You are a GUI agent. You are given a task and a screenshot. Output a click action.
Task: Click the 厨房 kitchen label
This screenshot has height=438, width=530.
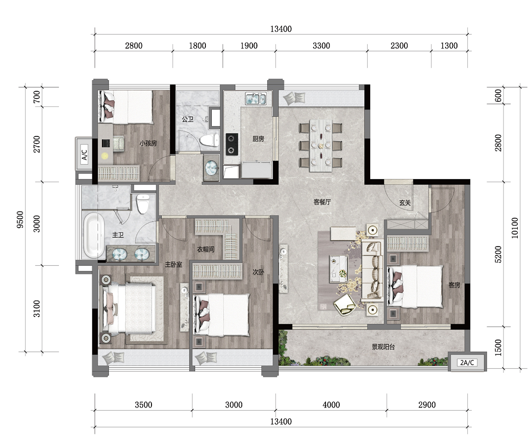[258, 139]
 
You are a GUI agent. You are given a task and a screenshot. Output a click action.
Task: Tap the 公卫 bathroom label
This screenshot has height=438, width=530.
[188, 119]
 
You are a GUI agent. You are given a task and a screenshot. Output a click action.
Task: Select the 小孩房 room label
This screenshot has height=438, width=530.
[148, 143]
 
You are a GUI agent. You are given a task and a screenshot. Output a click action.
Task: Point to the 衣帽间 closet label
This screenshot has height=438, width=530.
[205, 249]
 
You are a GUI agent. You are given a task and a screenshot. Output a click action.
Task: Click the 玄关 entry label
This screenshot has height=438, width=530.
[405, 203]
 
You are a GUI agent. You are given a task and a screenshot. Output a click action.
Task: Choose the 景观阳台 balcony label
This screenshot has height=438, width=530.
[383, 347]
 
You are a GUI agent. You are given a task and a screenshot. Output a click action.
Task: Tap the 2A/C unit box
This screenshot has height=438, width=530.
[467, 362]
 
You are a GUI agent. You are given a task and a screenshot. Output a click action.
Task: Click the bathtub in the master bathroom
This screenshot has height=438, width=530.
[94, 235]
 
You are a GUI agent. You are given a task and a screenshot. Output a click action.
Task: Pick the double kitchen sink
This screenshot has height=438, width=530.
[256, 99]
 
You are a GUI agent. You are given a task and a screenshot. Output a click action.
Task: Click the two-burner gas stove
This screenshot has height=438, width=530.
[232, 144]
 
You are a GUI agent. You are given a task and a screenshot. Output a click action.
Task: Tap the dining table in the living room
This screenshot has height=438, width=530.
[321, 145]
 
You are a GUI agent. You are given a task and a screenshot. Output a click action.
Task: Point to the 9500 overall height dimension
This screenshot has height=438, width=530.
[20, 220]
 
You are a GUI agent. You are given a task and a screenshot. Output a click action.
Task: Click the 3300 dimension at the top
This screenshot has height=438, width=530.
[321, 46]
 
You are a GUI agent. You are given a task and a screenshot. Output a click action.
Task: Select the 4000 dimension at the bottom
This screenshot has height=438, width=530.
[331, 405]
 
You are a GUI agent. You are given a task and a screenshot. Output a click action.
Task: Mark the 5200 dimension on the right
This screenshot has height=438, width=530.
[498, 255]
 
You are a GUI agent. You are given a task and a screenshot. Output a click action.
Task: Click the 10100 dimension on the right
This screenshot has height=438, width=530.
[514, 228]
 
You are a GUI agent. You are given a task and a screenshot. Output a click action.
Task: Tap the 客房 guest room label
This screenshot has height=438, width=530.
[454, 285]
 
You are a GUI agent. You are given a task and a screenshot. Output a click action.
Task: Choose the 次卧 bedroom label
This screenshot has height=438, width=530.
[258, 272]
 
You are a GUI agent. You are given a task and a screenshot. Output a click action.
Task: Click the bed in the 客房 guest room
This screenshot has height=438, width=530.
[415, 286]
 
